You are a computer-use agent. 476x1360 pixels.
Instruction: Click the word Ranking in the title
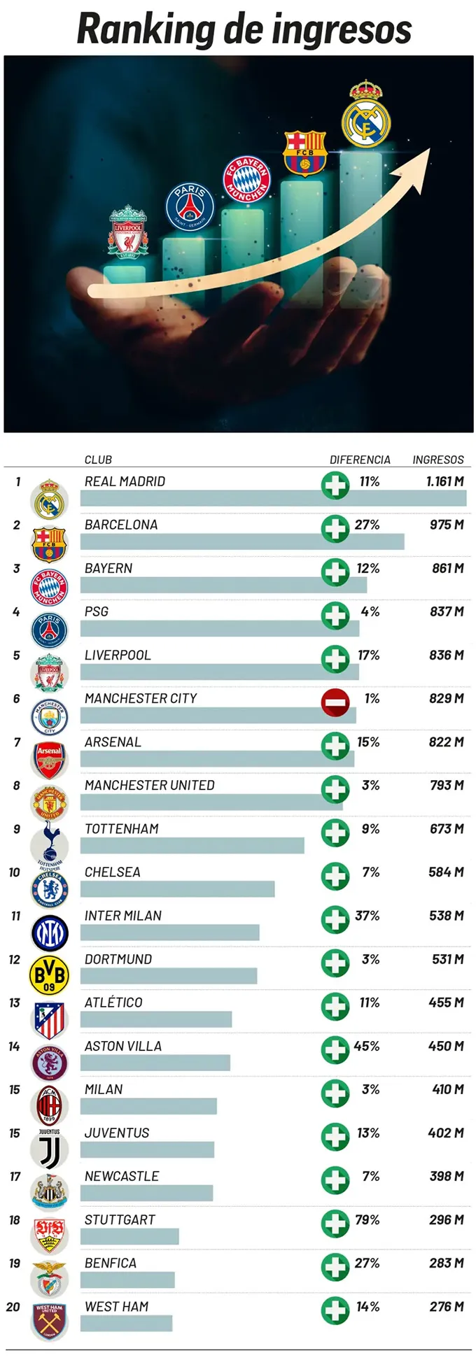(x=146, y=29)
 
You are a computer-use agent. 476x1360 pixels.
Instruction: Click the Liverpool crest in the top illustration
(x=127, y=231)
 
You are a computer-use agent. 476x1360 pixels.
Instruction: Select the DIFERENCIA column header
(x=360, y=460)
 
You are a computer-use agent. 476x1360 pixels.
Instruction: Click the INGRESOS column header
(x=438, y=460)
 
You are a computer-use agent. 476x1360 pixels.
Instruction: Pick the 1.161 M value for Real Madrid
(x=444, y=481)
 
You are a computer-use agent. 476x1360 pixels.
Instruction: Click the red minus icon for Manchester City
(x=335, y=702)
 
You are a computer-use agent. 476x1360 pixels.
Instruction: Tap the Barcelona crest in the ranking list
(x=49, y=544)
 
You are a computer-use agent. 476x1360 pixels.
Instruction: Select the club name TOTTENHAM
(x=122, y=829)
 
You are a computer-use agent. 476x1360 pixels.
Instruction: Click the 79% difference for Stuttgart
(x=367, y=1219)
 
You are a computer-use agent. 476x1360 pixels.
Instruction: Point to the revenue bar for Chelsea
(x=177, y=889)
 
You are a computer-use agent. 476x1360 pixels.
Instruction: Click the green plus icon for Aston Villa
(x=335, y=1049)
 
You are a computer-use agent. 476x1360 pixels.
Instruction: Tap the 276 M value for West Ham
(x=447, y=1306)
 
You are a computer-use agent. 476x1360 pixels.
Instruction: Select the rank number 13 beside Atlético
(x=15, y=1003)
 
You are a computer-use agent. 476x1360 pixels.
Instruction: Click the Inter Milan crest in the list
(x=49, y=932)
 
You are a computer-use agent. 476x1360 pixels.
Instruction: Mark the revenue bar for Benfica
(x=127, y=1280)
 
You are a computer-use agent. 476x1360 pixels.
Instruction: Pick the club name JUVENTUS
(x=117, y=1133)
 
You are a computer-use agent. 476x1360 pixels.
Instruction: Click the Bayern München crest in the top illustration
(x=246, y=178)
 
